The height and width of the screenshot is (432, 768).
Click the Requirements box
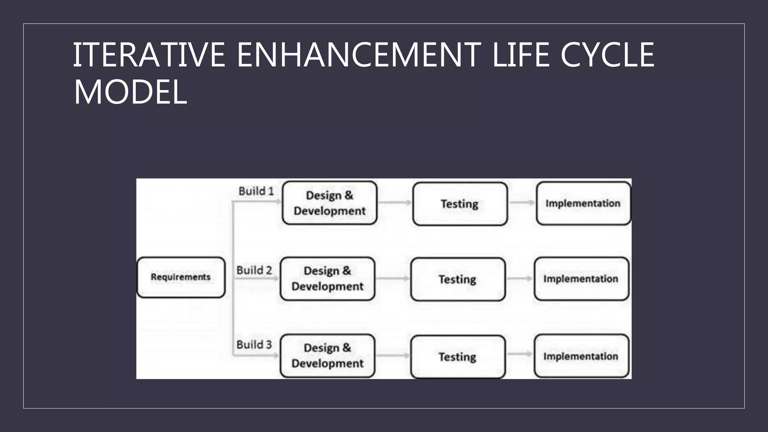click(181, 277)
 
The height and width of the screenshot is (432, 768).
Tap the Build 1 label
click(256, 191)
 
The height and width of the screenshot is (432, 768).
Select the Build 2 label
click(254, 270)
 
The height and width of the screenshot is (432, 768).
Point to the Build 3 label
click(254, 345)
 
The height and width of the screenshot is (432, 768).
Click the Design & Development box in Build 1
click(329, 203)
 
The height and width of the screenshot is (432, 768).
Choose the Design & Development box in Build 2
click(327, 279)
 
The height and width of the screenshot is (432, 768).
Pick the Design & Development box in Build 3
click(327, 355)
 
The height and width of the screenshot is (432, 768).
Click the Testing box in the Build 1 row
click(460, 204)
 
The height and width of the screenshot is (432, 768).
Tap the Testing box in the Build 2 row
click(458, 279)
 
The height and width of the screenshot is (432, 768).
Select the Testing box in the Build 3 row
click(458, 357)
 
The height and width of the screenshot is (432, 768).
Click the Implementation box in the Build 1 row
click(583, 203)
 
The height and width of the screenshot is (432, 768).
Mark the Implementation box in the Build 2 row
click(581, 279)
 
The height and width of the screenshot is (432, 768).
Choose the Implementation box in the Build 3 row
click(581, 356)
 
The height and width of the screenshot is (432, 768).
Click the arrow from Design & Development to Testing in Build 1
click(394, 202)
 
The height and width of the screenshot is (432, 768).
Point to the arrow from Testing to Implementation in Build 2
click(519, 278)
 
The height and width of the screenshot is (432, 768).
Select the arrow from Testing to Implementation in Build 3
click(519, 354)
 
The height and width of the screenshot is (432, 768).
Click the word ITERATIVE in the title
click(148, 55)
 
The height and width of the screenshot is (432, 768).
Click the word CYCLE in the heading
click(607, 55)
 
